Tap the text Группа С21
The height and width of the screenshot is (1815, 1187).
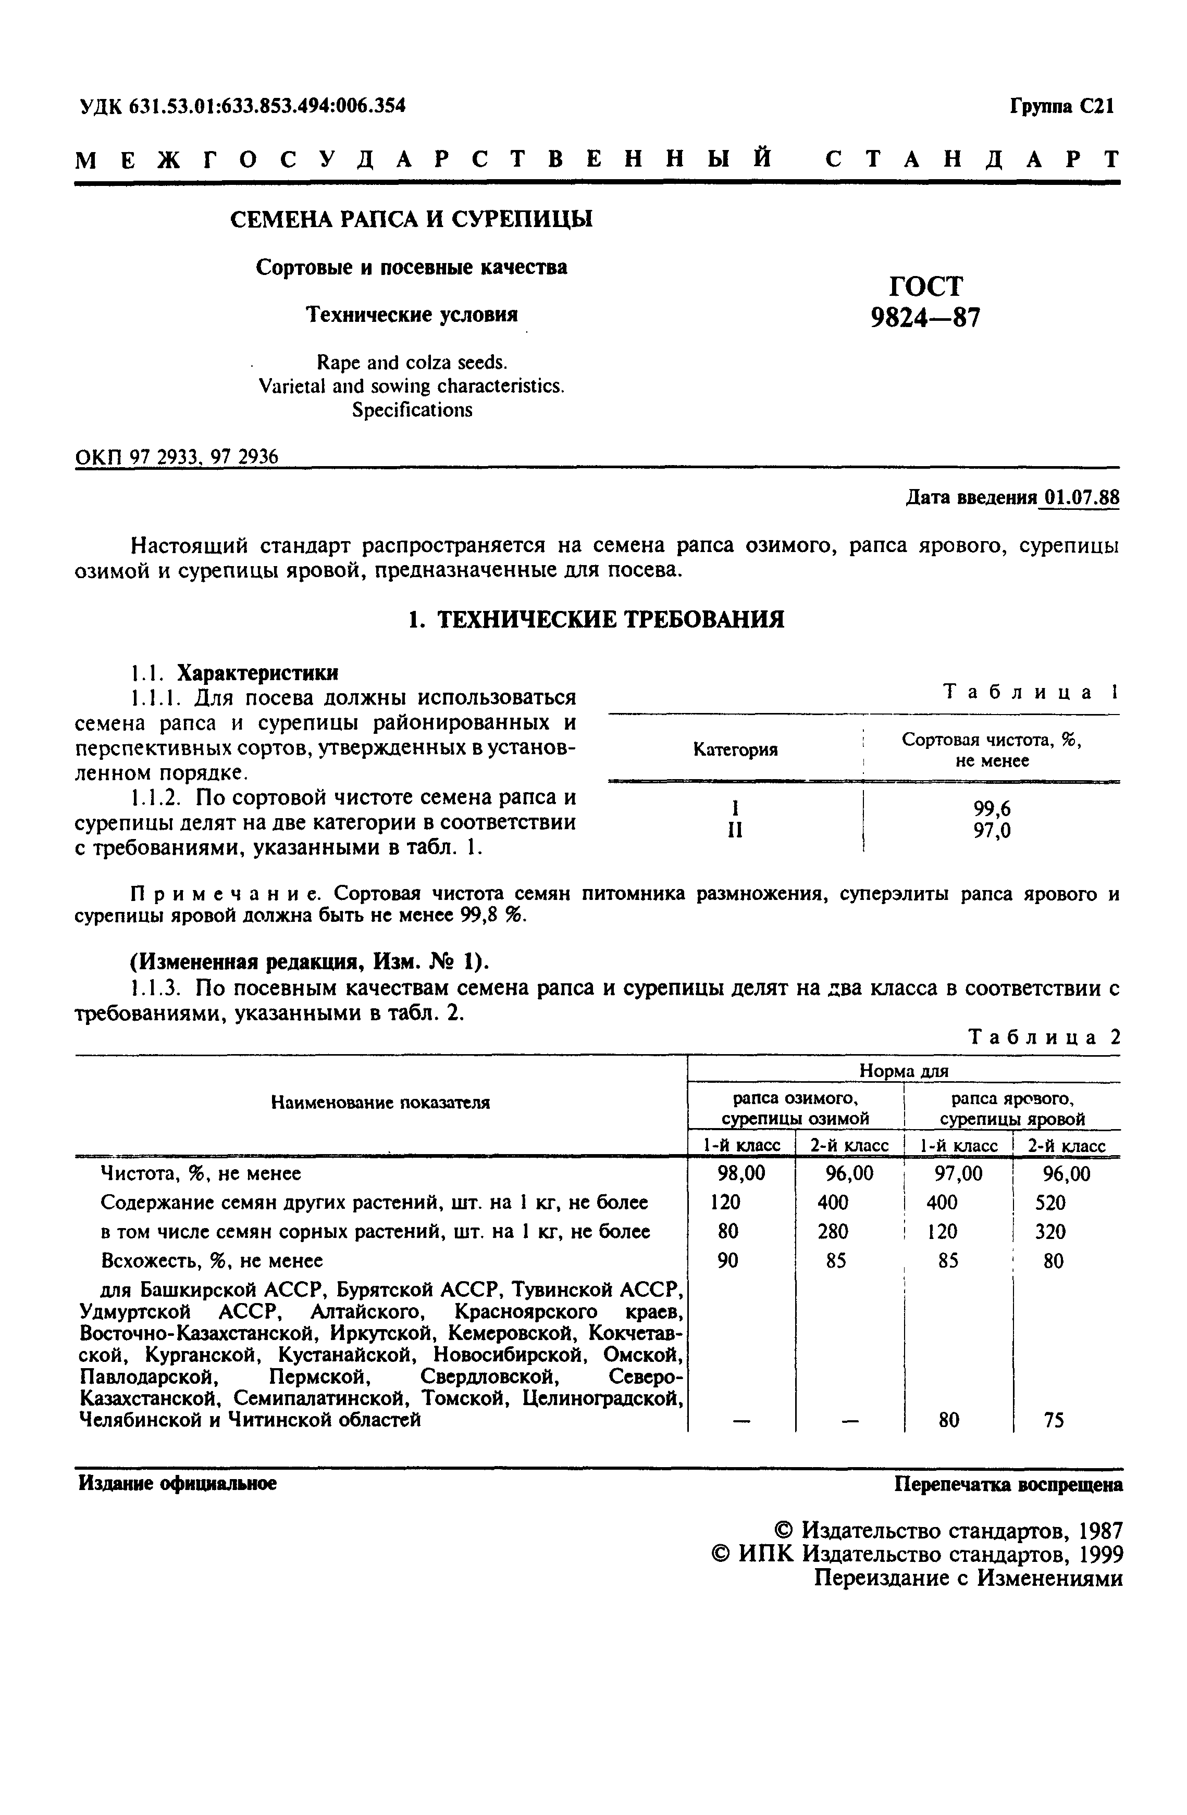tap(1062, 106)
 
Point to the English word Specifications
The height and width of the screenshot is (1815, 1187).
tap(412, 410)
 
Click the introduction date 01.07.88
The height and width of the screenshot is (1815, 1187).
tap(1081, 497)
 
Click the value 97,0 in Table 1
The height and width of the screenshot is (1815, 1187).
tap(992, 831)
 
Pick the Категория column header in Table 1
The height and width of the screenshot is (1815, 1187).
tap(735, 749)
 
